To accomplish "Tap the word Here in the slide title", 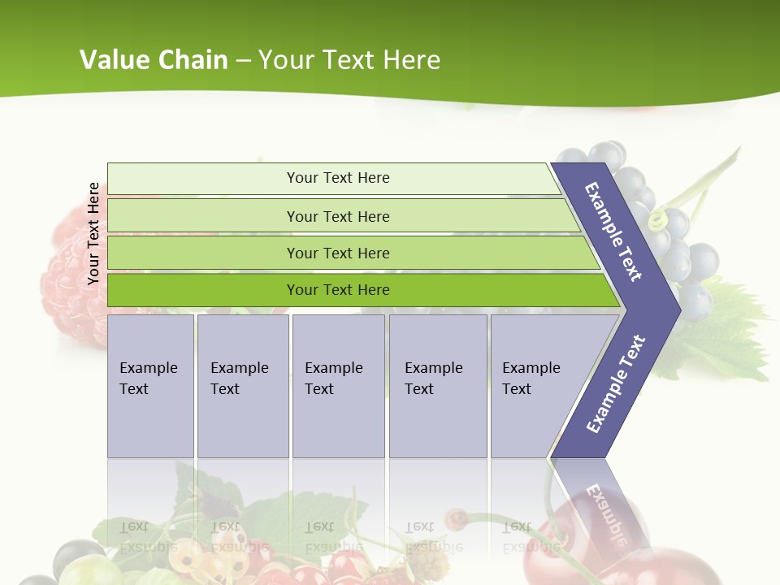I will click(x=410, y=60).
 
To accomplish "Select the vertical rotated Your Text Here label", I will click(x=93, y=233).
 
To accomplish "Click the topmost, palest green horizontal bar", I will click(x=337, y=178).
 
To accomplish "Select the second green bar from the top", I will click(x=337, y=216).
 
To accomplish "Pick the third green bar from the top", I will click(x=337, y=253).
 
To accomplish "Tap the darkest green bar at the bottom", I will click(x=337, y=290).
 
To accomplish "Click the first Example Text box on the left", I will click(x=150, y=385).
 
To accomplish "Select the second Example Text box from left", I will click(x=242, y=385).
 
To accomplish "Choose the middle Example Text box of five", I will click(x=337, y=385).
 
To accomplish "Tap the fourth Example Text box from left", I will click(x=437, y=385).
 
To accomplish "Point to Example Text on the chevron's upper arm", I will click(x=614, y=231).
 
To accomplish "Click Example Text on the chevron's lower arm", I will click(x=615, y=385).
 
